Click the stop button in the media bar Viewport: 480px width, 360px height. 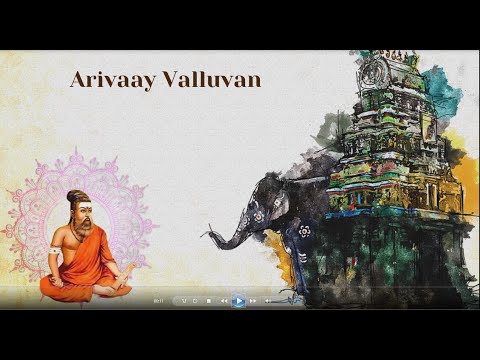click(x=208, y=300)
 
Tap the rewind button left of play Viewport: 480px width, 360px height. click(x=223, y=300)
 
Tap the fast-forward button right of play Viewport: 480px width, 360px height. click(x=253, y=300)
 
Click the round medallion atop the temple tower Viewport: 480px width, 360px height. click(x=376, y=72)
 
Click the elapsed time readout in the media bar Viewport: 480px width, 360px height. click(x=159, y=300)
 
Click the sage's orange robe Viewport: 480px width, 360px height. click(x=80, y=270)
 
